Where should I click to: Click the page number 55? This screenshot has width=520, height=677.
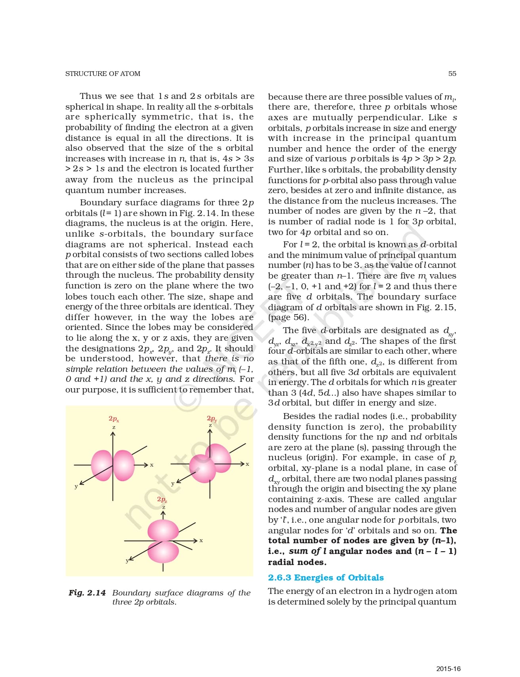(x=452, y=74)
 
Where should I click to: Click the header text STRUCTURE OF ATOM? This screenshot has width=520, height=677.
(x=103, y=74)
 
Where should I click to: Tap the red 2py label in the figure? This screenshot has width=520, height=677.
(x=211, y=418)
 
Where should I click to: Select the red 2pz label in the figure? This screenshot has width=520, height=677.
(x=162, y=499)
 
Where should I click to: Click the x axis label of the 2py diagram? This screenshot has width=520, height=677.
(x=248, y=464)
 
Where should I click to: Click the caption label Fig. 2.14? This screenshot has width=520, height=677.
(x=87, y=593)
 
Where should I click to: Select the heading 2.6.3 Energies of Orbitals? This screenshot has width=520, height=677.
(x=326, y=577)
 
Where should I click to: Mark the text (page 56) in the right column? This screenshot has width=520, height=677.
(x=288, y=317)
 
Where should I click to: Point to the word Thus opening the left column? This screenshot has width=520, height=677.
(x=91, y=96)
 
